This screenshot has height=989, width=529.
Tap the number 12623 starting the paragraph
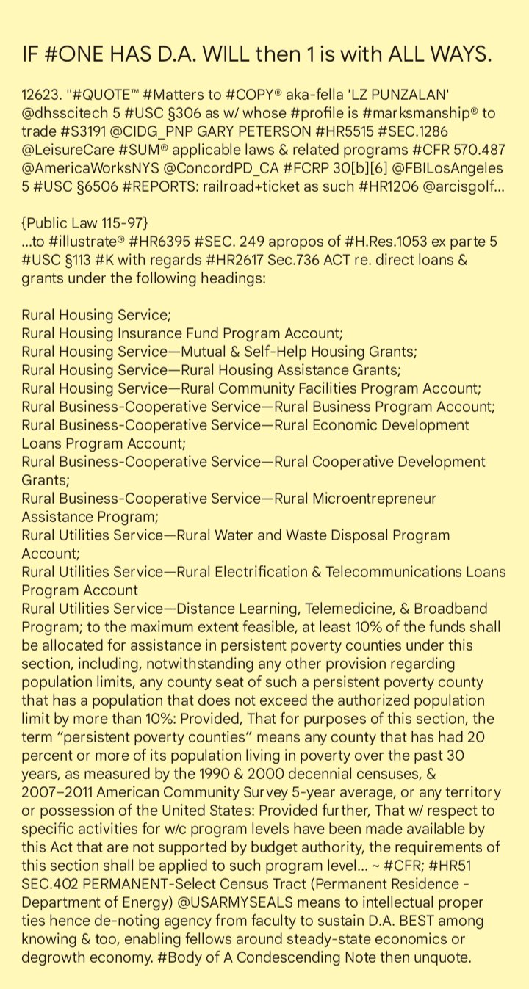[39, 95]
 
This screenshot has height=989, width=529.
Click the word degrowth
[54, 957]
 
